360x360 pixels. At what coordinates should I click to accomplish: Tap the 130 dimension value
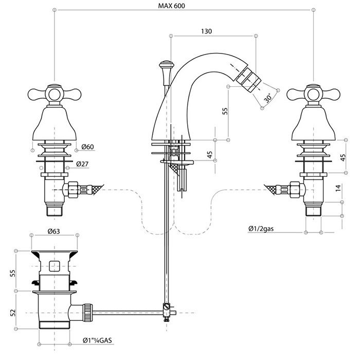[207, 31]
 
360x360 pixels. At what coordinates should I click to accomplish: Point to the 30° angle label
[267, 97]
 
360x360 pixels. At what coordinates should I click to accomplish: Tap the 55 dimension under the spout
[225, 112]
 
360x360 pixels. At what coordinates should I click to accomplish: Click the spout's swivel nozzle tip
[249, 80]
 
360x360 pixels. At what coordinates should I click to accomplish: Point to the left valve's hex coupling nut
[71, 189]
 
